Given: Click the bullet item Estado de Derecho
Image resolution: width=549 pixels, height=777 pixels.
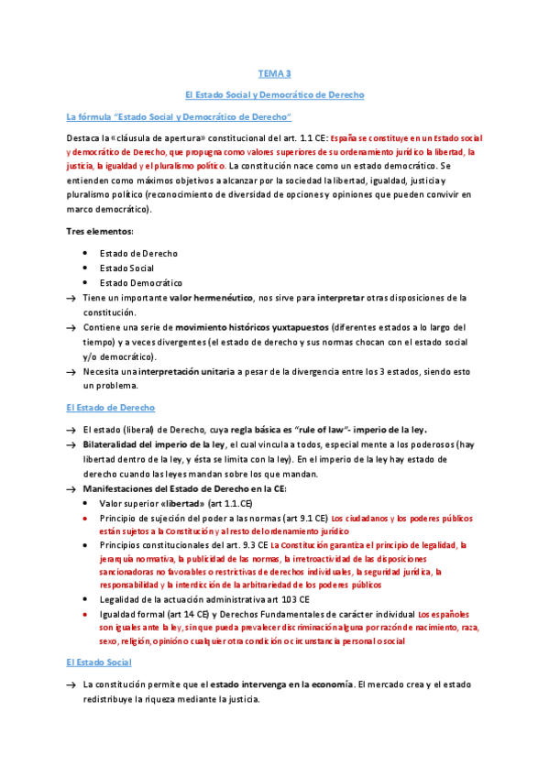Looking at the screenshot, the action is (x=138, y=253).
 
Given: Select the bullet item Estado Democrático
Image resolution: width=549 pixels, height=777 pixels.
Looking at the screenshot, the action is (x=141, y=283).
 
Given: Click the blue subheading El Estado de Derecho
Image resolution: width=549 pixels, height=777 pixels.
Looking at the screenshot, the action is (x=110, y=407).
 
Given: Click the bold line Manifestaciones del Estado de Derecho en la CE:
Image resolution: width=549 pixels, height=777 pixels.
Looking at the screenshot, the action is (x=183, y=489).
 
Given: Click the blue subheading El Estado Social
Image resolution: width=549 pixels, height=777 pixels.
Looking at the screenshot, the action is (x=99, y=662).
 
